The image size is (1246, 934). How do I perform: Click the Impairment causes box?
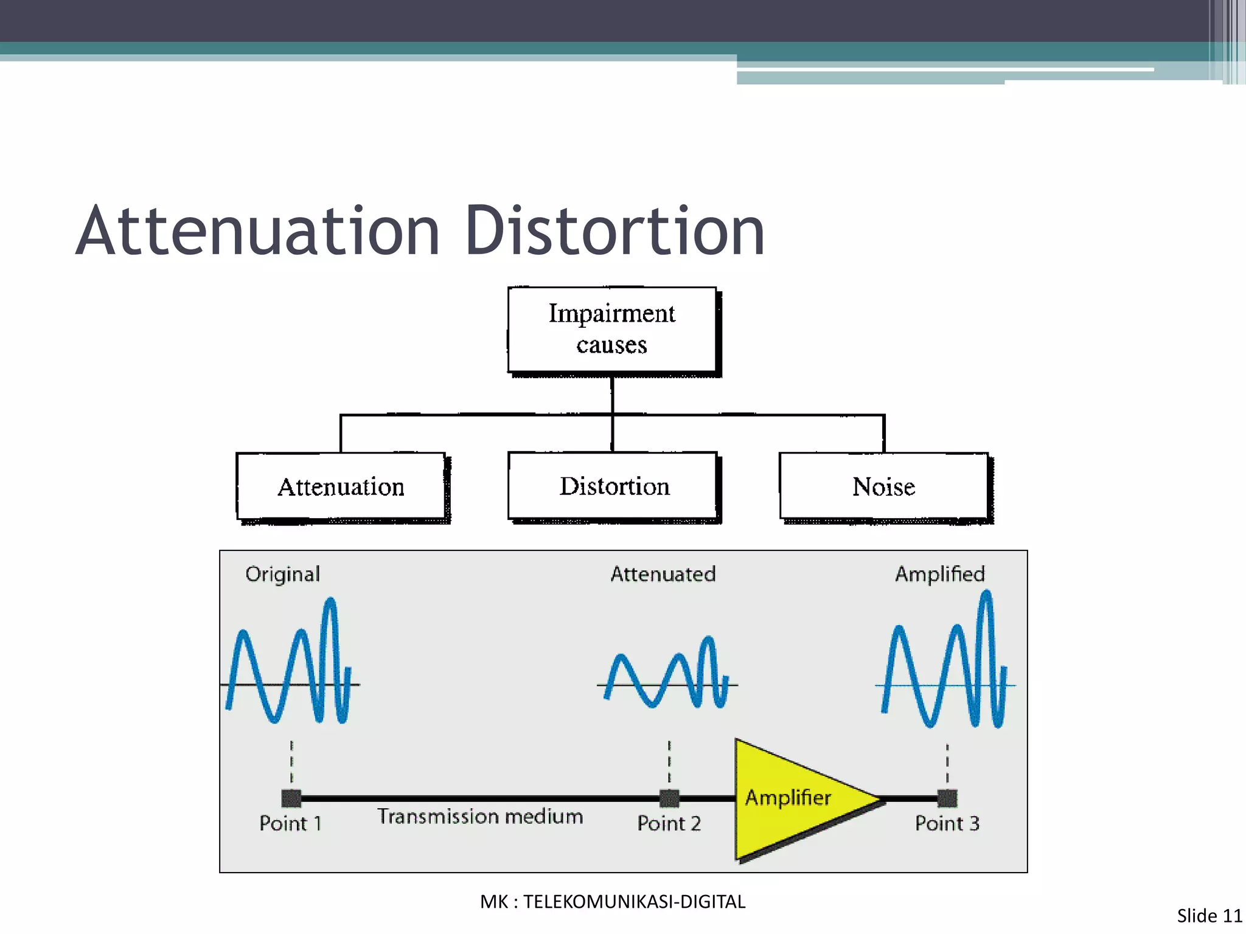pyautogui.click(x=612, y=329)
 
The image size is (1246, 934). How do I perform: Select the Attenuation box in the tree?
pyautogui.click(x=341, y=486)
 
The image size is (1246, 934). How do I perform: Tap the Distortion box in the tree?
pyautogui.click(x=613, y=486)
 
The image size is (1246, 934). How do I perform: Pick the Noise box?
pyautogui.click(x=883, y=486)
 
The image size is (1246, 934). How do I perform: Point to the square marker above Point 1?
pyautogui.click(x=291, y=798)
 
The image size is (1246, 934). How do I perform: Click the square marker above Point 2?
pyautogui.click(x=669, y=798)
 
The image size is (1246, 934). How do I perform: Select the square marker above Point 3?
pyautogui.click(x=947, y=798)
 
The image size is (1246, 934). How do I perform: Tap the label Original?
pyautogui.click(x=282, y=575)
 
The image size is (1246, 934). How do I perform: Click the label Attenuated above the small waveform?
pyautogui.click(x=663, y=574)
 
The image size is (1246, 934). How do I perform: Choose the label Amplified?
pyautogui.click(x=939, y=574)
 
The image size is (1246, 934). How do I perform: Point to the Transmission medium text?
pyautogui.click(x=480, y=816)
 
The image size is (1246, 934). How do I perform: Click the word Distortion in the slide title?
pyautogui.click(x=614, y=232)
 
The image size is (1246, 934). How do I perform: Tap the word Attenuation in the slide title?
pyautogui.click(x=258, y=232)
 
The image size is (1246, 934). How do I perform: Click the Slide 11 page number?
pyautogui.click(x=1209, y=916)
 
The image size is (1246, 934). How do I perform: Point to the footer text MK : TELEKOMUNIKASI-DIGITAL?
pyautogui.click(x=613, y=902)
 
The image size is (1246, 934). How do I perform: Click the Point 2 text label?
pyautogui.click(x=669, y=823)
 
